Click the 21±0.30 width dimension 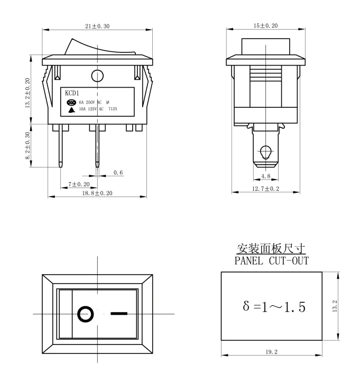95,26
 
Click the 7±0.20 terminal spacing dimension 79,184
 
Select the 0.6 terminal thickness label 118,173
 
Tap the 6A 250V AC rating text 90,102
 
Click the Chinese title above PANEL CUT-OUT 271,249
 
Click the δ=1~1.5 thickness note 274,307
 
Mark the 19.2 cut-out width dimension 272,350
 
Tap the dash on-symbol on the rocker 119,313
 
